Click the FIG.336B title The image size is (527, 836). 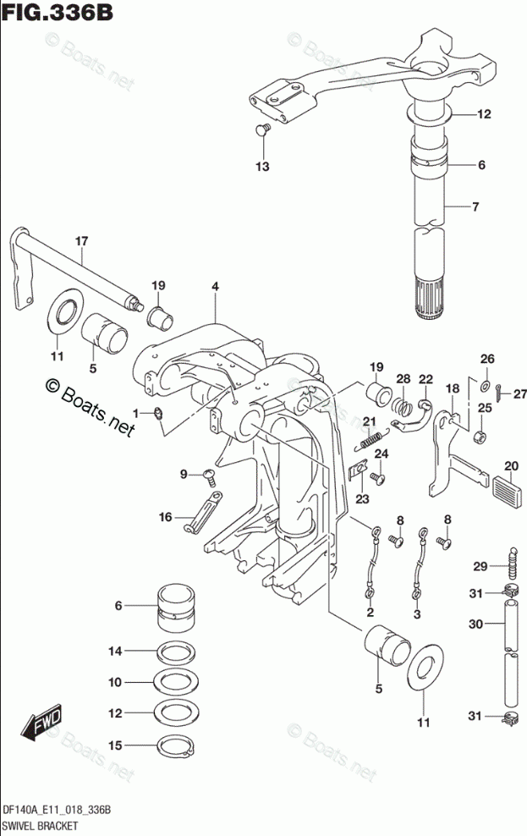(x=57, y=14)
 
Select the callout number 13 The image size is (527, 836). (x=262, y=167)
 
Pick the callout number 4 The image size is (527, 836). (x=215, y=288)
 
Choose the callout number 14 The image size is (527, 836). (x=115, y=651)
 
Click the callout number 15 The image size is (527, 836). (x=115, y=745)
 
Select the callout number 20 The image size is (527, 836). (x=511, y=466)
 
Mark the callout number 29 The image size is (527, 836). (x=479, y=566)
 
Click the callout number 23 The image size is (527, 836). (x=362, y=499)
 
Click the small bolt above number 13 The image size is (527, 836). (x=262, y=129)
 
